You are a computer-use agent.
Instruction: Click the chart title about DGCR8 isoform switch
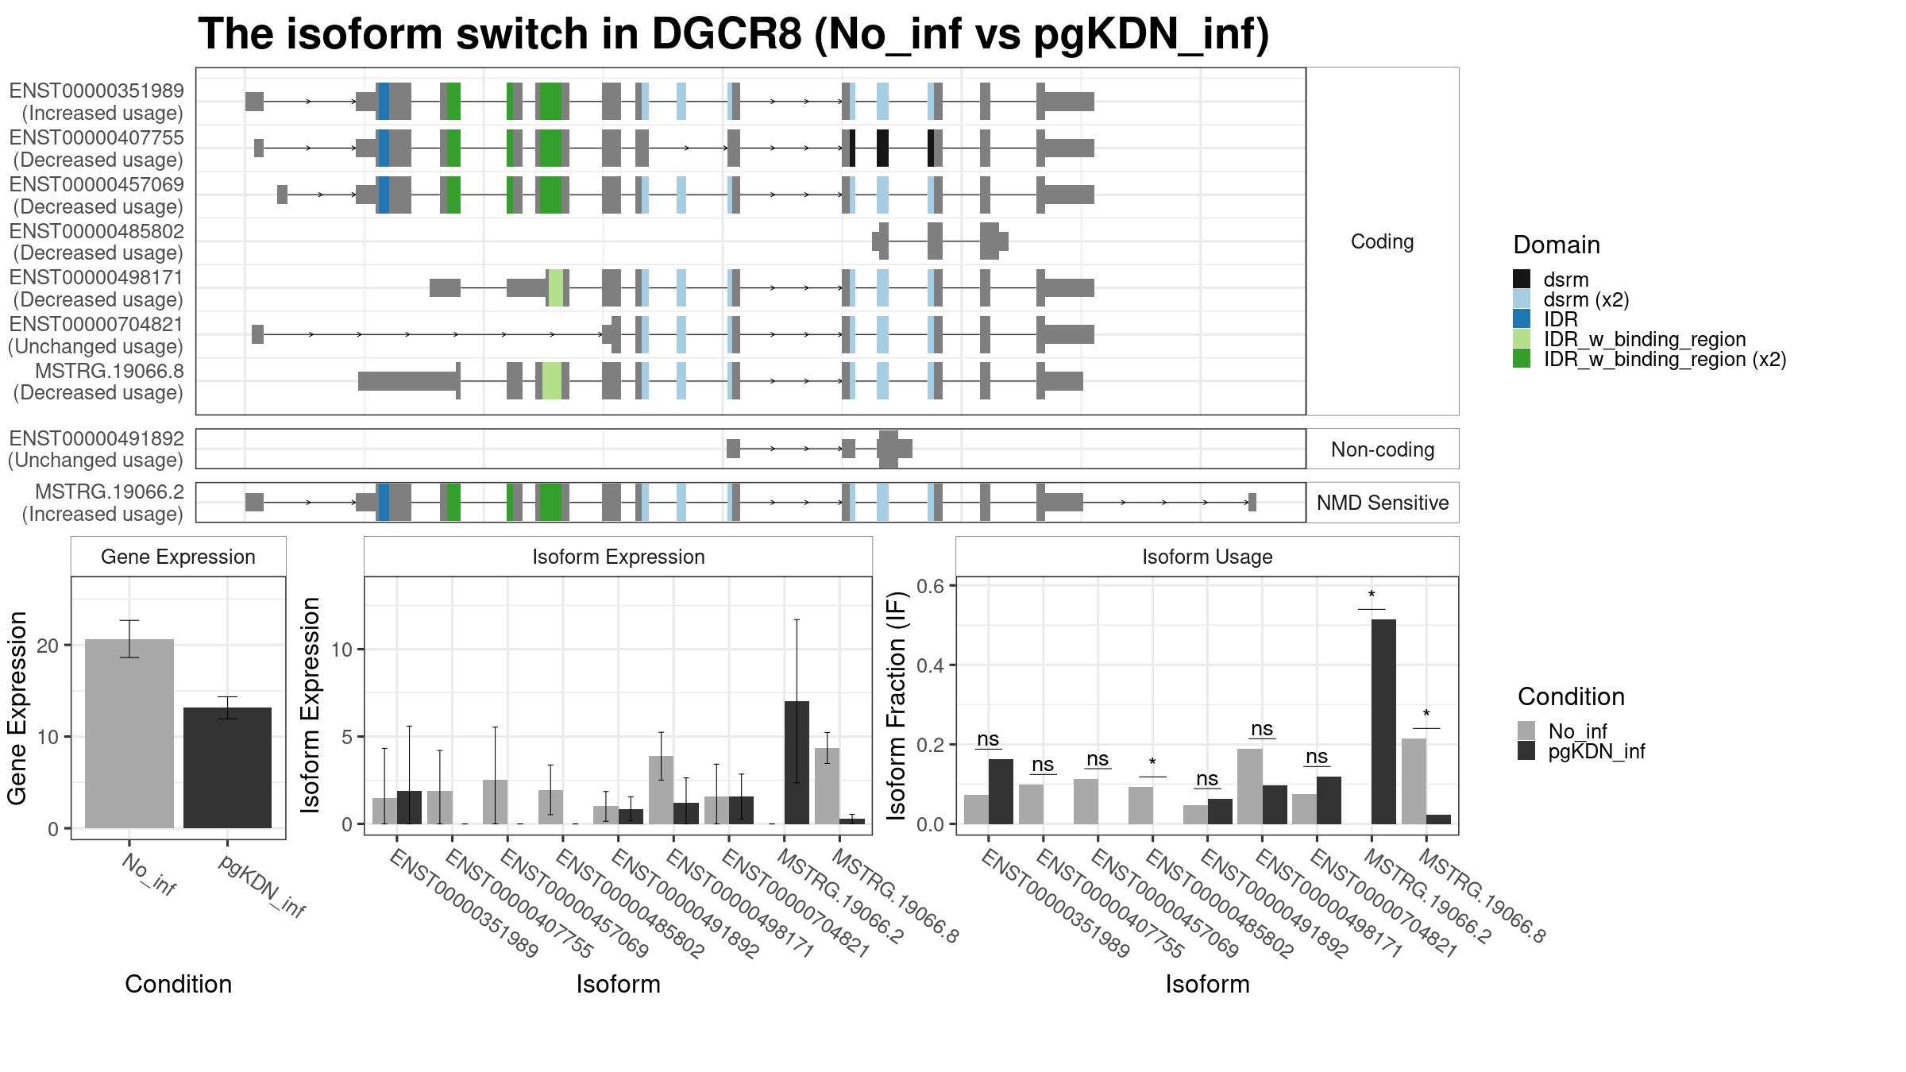coord(733,34)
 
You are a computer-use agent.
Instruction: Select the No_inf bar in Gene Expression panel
coord(129,734)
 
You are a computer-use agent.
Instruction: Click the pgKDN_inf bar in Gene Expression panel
coord(228,768)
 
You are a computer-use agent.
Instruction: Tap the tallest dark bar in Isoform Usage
coord(1383,722)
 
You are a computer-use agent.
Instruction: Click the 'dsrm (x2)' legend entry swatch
coord(1522,299)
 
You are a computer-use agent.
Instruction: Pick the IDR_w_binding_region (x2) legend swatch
coord(1522,359)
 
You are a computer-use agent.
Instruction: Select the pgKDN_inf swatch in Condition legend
coord(1526,751)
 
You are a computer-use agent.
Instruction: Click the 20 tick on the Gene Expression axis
coord(48,646)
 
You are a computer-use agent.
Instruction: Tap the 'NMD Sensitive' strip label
coord(1383,503)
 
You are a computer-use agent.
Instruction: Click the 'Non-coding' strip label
coord(1383,449)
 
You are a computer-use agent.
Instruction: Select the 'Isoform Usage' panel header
coord(1207,557)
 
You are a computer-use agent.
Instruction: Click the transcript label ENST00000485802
coord(96,231)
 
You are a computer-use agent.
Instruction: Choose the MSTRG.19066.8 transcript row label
coord(110,371)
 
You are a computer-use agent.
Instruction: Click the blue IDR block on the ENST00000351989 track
coord(384,102)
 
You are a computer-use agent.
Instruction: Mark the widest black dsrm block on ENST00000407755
coord(882,148)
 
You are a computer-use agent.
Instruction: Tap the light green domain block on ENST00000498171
coord(556,287)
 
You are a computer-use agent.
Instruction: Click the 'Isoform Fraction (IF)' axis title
coord(897,705)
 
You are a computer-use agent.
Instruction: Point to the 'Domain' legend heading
coord(1557,245)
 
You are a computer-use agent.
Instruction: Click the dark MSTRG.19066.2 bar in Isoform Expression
coord(797,762)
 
